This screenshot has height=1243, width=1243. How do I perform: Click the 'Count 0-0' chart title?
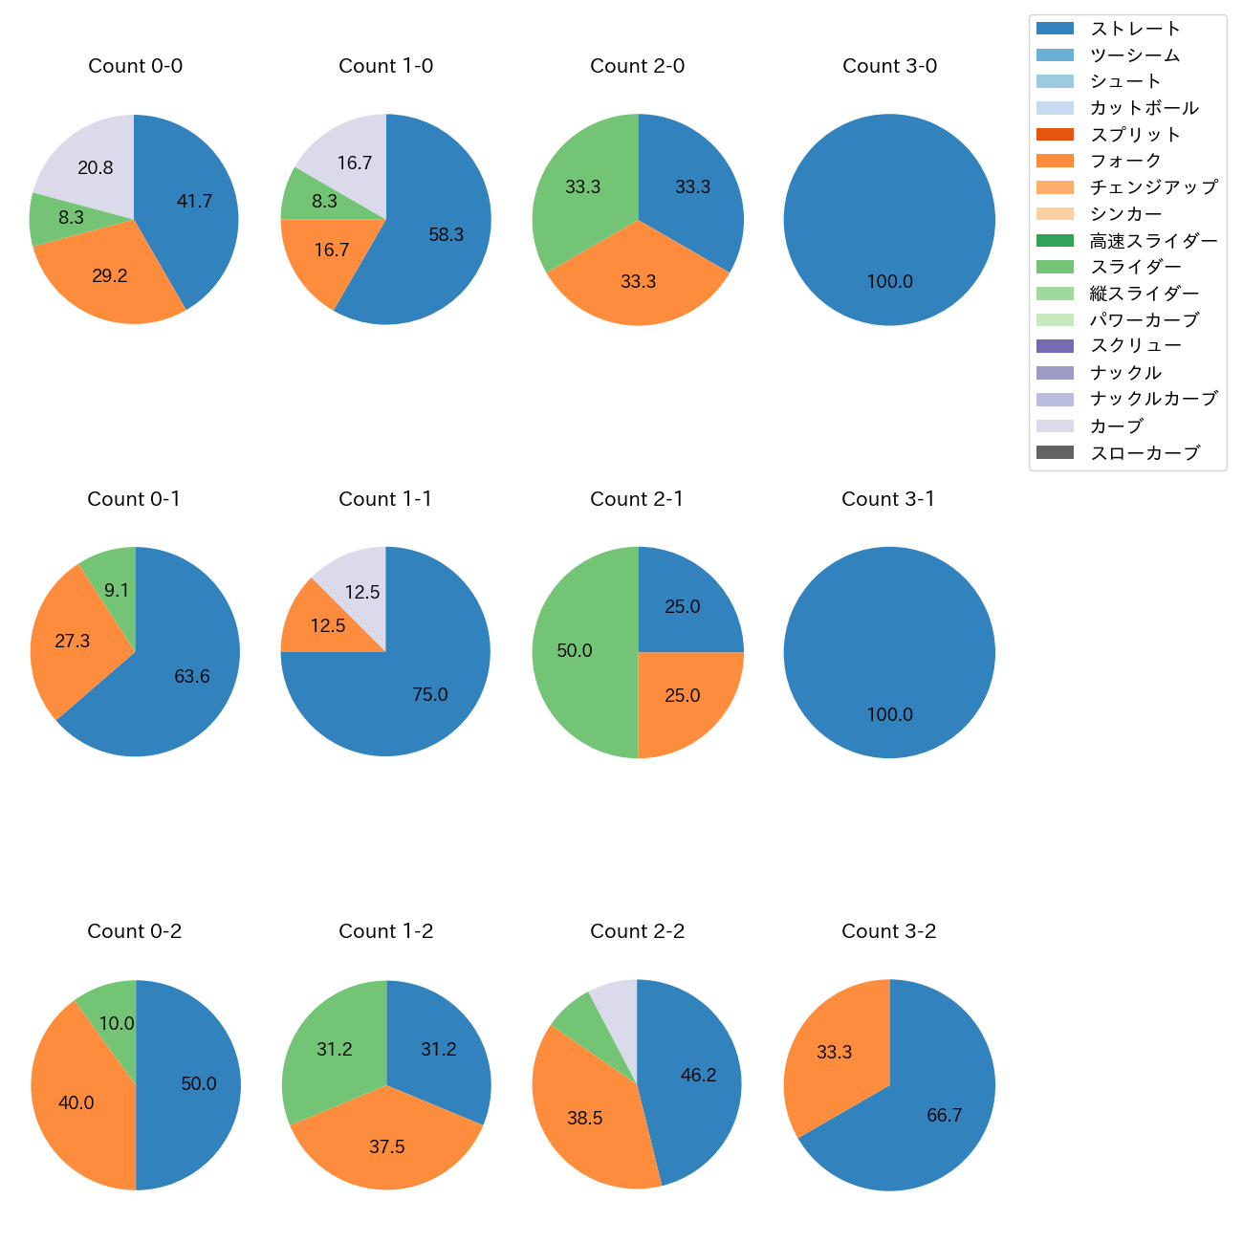coord(135,66)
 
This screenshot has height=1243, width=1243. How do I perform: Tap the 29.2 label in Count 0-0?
coord(110,275)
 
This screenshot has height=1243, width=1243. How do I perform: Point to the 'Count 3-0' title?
coord(889,66)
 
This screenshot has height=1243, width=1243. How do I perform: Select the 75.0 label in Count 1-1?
coord(430,695)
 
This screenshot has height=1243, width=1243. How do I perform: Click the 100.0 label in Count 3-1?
coord(889,714)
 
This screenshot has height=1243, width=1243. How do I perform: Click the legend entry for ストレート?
coord(1135,29)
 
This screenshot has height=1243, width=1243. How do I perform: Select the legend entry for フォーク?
coord(1125,161)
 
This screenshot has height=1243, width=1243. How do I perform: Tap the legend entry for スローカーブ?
coord(1145,453)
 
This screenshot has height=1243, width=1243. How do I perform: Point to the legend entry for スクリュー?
coord(1135,346)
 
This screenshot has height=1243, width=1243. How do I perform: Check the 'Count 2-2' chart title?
coord(637,931)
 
